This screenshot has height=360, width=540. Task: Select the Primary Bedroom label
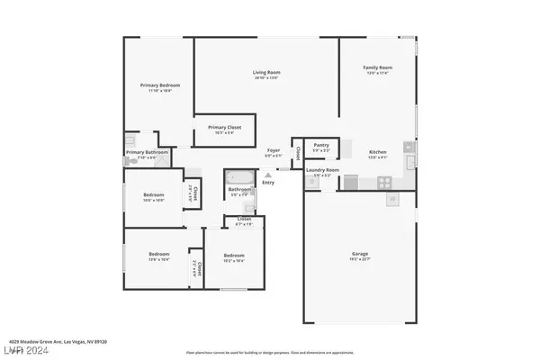pyautogui.click(x=155, y=85)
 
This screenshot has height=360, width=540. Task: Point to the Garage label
pyautogui.click(x=360, y=254)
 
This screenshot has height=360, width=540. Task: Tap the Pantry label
pyautogui.click(x=321, y=144)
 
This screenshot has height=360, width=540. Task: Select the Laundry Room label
pyautogui.click(x=321, y=169)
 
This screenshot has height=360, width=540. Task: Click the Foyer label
pyautogui.click(x=274, y=150)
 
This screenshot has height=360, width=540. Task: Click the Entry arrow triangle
pyautogui.click(x=267, y=175)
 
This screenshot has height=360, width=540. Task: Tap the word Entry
pyautogui.click(x=268, y=184)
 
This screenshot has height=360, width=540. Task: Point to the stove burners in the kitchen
pyautogui.click(x=388, y=181)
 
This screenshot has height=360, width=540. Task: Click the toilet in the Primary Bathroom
pyautogui.click(x=130, y=141)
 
